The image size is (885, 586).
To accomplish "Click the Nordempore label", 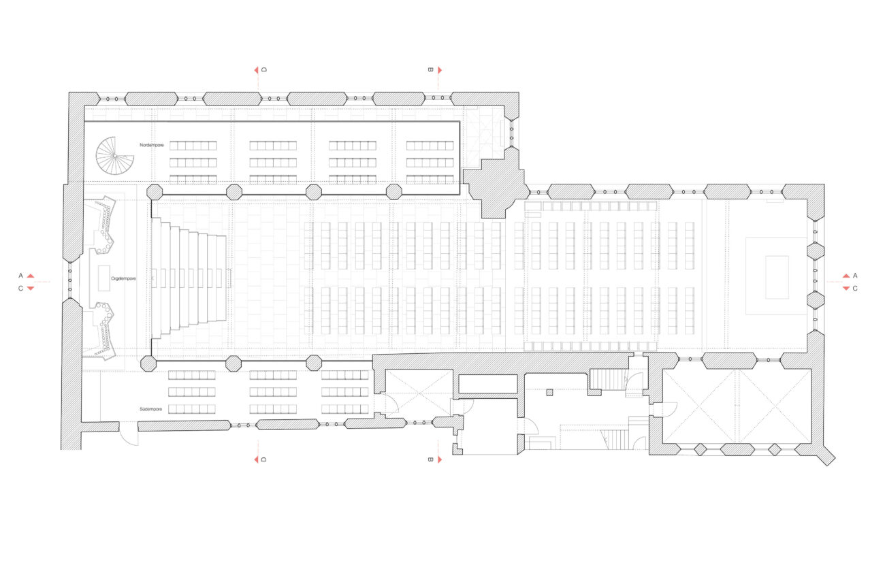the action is [x=151, y=146].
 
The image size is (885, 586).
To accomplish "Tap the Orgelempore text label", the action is [x=123, y=279].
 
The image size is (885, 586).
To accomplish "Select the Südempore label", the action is [x=150, y=409].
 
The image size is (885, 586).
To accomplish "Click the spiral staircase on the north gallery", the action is [x=114, y=156].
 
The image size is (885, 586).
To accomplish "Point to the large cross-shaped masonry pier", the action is [x=496, y=183].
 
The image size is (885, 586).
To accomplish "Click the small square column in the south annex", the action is [x=549, y=392].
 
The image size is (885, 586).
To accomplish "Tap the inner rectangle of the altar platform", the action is [x=777, y=277].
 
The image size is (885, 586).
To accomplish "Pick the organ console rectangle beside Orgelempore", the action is [x=104, y=278].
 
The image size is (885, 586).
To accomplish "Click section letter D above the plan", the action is [x=264, y=70].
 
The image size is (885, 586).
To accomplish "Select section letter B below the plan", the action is [x=431, y=459].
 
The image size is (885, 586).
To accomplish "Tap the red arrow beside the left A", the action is [x=31, y=276].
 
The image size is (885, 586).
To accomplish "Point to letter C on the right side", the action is [x=855, y=289].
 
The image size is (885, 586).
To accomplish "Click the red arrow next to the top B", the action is [x=440, y=70].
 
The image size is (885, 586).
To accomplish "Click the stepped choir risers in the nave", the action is [x=189, y=278].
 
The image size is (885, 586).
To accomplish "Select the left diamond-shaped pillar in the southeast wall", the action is [x=700, y=449].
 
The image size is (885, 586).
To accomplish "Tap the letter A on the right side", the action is [x=855, y=276].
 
